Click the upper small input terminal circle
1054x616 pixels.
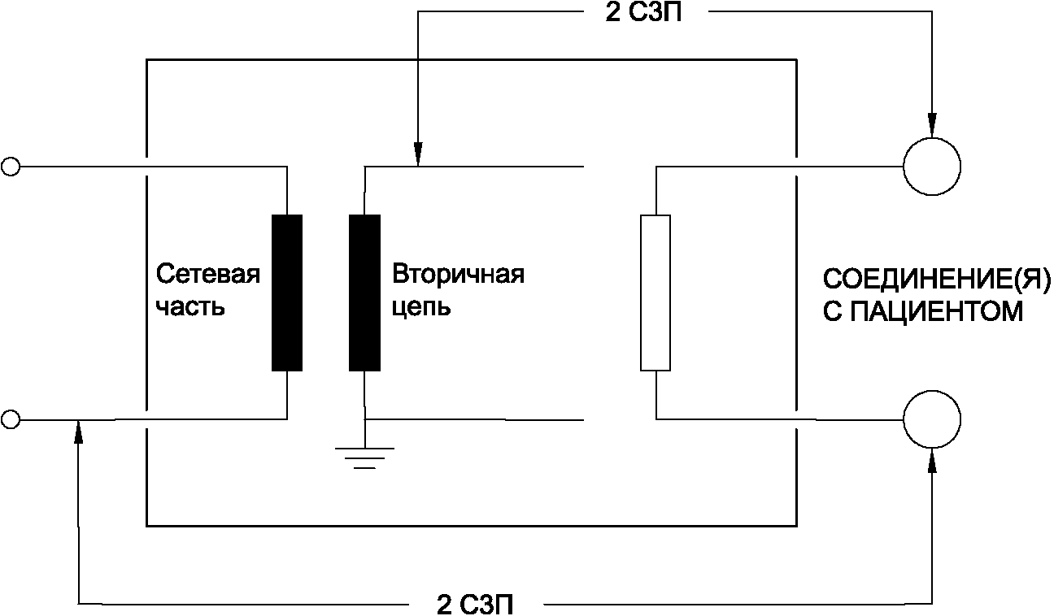(x=11, y=167)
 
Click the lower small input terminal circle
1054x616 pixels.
(x=11, y=419)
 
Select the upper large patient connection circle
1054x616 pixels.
(x=932, y=167)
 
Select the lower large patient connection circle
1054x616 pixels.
(x=932, y=419)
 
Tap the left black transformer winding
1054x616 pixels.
(x=287, y=293)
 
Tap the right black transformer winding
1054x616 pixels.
(x=364, y=293)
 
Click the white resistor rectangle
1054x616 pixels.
(x=655, y=293)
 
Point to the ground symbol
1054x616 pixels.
(x=365, y=458)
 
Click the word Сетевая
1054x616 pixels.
(x=207, y=274)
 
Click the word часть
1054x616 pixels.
(x=189, y=309)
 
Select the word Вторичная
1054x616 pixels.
(x=458, y=274)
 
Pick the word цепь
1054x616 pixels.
(x=421, y=309)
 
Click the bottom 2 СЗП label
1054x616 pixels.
(x=476, y=604)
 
